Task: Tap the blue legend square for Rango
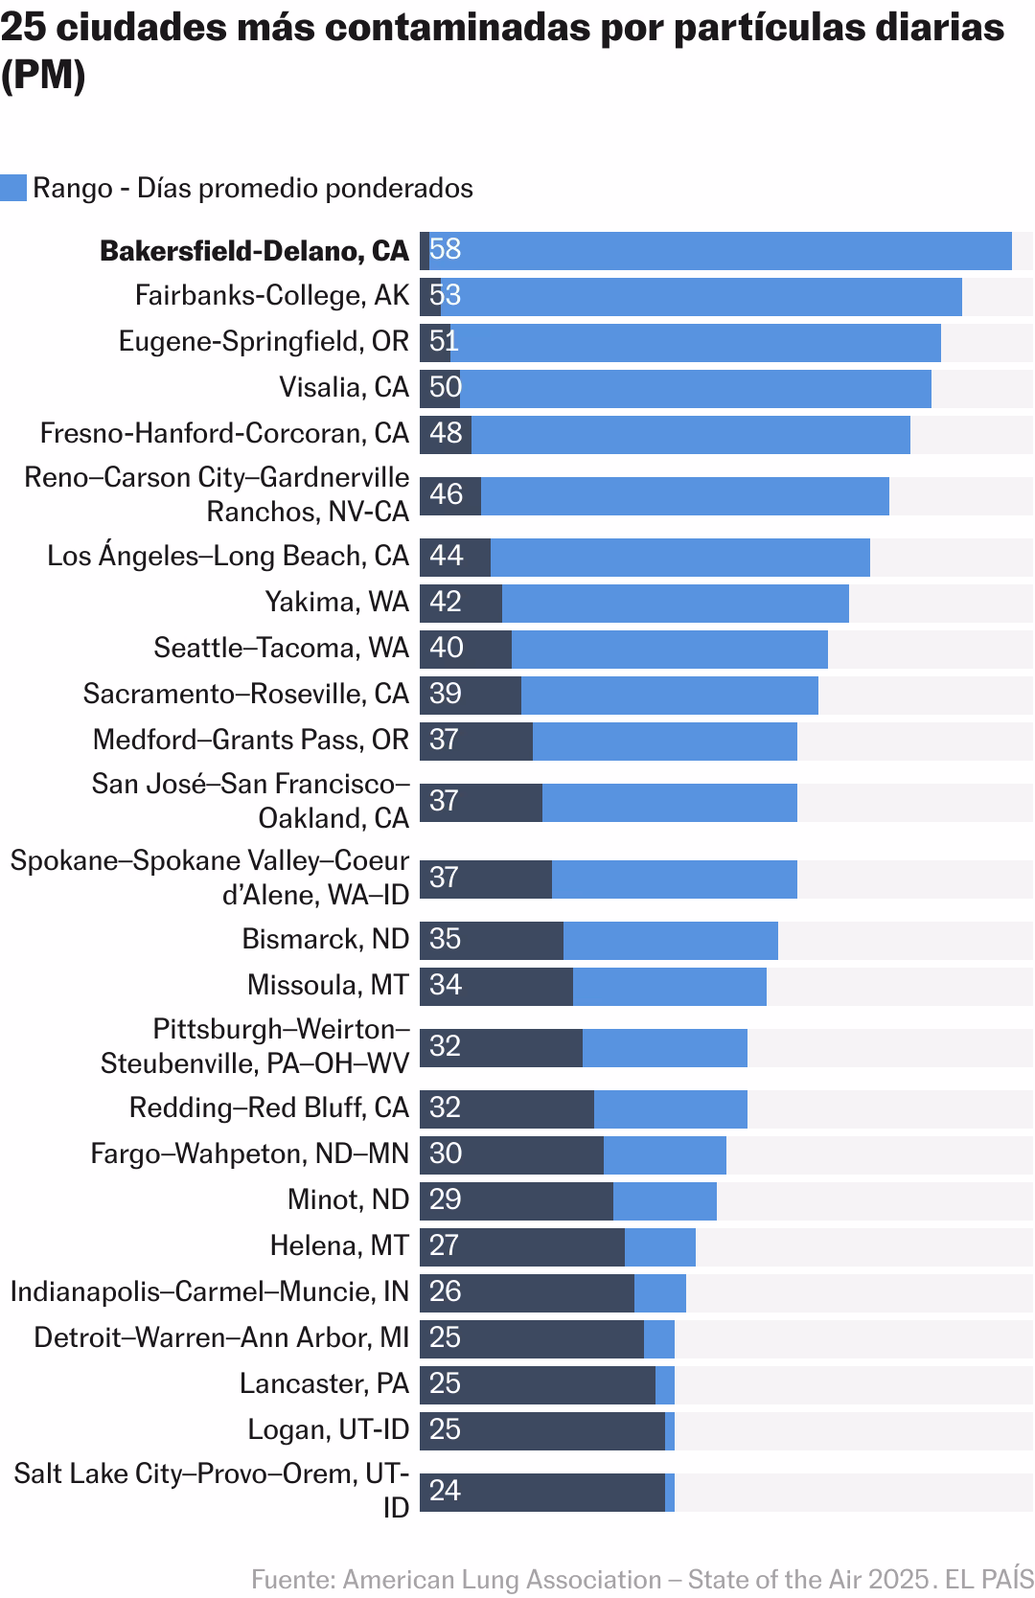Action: pyautogui.click(x=13, y=188)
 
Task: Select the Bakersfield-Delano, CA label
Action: pyautogui.click(x=254, y=251)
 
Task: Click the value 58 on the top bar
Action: pyautogui.click(x=446, y=250)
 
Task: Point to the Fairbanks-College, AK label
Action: pyautogui.click(x=272, y=295)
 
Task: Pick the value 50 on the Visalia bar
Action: pyautogui.click(x=446, y=388)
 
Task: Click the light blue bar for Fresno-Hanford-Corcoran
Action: pyautogui.click(x=690, y=434)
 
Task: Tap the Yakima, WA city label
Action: pyautogui.click(x=337, y=602)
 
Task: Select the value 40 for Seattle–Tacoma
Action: pyautogui.click(x=447, y=649)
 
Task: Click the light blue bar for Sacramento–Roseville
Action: pyautogui.click(x=669, y=695)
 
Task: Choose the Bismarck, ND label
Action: pyautogui.click(x=326, y=939)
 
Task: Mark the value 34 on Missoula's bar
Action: pyautogui.click(x=446, y=986)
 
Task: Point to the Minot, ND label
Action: pyautogui.click(x=349, y=1199)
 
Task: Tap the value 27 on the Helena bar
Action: pyautogui.click(x=445, y=1246)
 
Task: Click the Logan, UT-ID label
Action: pyautogui.click(x=329, y=1429)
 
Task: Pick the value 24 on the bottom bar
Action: pyautogui.click(x=446, y=1492)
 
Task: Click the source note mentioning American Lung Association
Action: pyautogui.click(x=642, y=1579)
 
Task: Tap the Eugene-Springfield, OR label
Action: pyautogui.click(x=264, y=341)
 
